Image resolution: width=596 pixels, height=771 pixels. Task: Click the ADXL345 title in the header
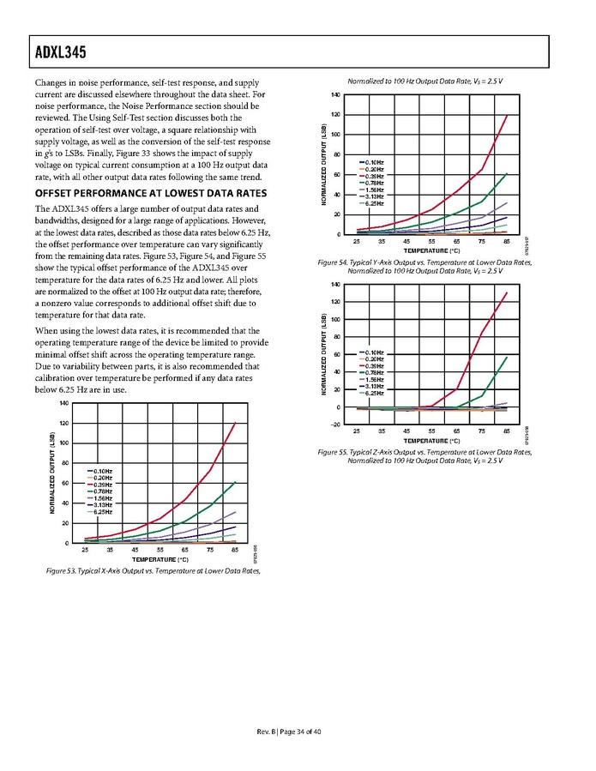point(61,51)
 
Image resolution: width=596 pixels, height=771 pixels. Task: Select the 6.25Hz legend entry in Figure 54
point(374,203)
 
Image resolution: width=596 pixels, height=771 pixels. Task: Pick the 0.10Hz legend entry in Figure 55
point(374,352)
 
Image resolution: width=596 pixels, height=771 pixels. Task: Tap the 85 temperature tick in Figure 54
point(507,243)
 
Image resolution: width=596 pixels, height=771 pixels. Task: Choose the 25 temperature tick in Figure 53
point(84,549)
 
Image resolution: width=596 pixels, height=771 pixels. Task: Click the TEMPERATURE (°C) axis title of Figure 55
point(431,441)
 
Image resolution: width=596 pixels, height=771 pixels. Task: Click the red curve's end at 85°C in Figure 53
point(235,424)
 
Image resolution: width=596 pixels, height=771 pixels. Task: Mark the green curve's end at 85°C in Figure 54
point(507,173)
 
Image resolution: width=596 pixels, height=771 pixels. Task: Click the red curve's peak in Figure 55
point(507,293)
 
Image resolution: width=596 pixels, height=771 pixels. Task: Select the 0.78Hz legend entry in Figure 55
point(374,372)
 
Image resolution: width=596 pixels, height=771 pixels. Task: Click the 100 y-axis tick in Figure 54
point(335,135)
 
